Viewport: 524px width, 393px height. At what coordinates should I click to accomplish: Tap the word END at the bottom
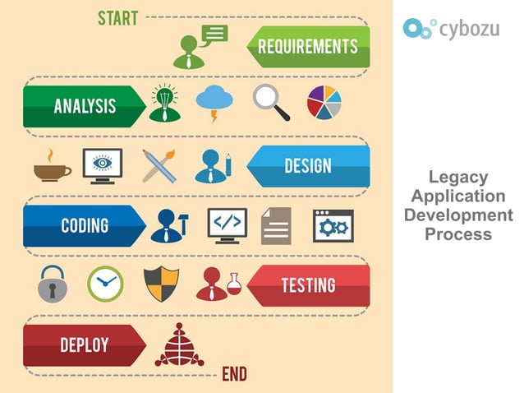point(234,375)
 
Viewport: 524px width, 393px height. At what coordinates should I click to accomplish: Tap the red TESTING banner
point(308,285)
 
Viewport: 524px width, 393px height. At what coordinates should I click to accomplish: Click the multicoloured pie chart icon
point(324,102)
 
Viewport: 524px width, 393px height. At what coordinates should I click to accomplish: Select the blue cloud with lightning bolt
point(214,102)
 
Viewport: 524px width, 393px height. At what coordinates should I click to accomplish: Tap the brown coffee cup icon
point(51,164)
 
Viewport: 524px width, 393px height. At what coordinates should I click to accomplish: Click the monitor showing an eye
point(103,164)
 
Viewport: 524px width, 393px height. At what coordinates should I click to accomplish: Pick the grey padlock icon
point(51,284)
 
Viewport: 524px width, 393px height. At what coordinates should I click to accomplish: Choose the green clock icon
point(104,284)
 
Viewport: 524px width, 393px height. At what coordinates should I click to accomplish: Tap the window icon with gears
point(333,224)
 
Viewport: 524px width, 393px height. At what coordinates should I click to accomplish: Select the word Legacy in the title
point(458,178)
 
